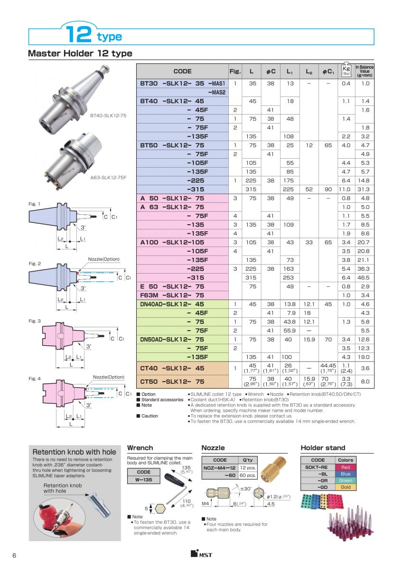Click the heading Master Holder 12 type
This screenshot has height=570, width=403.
pos(80,53)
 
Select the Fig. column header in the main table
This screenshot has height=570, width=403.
pos(235,71)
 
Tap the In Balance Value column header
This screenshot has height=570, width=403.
pos(365,71)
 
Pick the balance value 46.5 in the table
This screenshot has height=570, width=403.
pos(365,277)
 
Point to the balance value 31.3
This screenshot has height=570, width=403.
pos(365,189)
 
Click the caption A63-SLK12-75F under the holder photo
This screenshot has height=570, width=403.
pos(107,178)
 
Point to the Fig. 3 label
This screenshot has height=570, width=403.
pos(35,321)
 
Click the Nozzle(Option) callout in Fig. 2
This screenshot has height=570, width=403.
pos(103,259)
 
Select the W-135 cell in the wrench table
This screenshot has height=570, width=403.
pos(144,480)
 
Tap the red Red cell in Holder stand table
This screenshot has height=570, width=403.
pos(346,467)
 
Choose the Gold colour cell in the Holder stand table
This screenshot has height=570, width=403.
pos(346,487)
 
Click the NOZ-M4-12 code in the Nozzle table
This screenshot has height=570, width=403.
pos(220,467)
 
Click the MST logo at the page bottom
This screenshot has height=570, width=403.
pos(201,554)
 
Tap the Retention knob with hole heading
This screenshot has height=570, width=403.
pos(74,452)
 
